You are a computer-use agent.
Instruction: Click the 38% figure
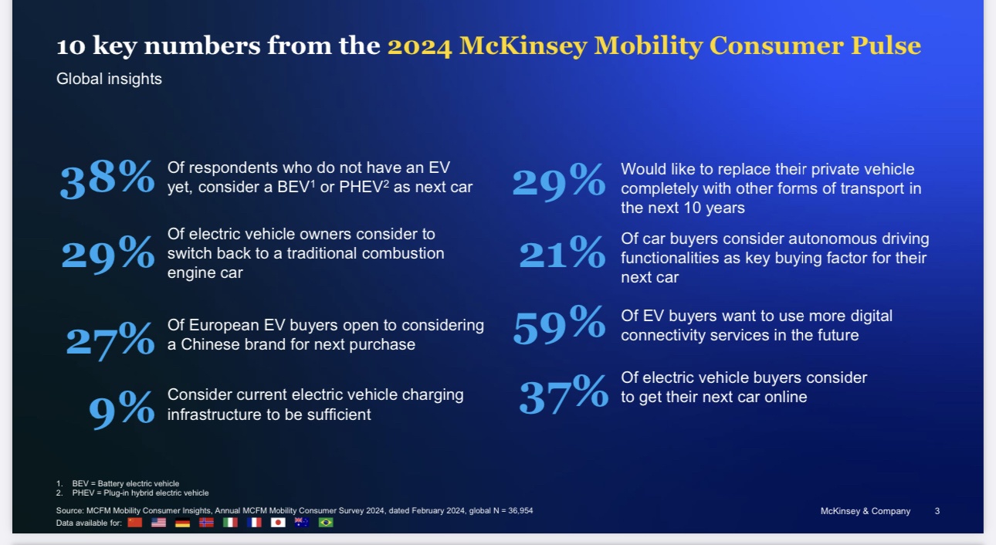point(107,178)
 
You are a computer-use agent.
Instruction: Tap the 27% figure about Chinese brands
point(110,340)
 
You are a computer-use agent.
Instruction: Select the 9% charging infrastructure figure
point(121,409)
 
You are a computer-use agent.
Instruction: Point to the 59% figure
point(559,325)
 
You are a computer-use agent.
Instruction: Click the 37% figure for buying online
point(564,394)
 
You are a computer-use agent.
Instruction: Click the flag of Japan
point(278,523)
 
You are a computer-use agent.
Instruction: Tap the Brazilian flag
point(326,523)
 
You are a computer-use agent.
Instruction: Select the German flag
point(182,523)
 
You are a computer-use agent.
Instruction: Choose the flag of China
point(134,523)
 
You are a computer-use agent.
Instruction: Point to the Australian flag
point(302,523)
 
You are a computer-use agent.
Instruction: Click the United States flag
point(158,523)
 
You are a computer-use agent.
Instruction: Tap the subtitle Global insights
point(109,80)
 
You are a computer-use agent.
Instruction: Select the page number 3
point(937,511)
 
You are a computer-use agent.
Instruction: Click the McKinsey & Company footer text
point(866,511)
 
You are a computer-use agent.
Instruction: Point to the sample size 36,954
point(520,510)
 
